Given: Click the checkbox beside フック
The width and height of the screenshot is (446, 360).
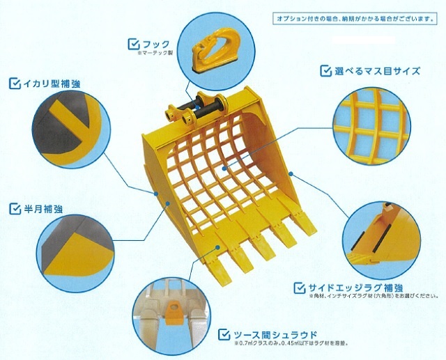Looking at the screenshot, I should [133, 44].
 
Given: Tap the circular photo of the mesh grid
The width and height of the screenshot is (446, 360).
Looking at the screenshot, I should [371, 126].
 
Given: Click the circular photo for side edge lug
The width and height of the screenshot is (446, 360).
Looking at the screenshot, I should [383, 237].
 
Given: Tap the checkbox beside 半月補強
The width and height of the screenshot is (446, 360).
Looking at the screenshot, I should [15, 208].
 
